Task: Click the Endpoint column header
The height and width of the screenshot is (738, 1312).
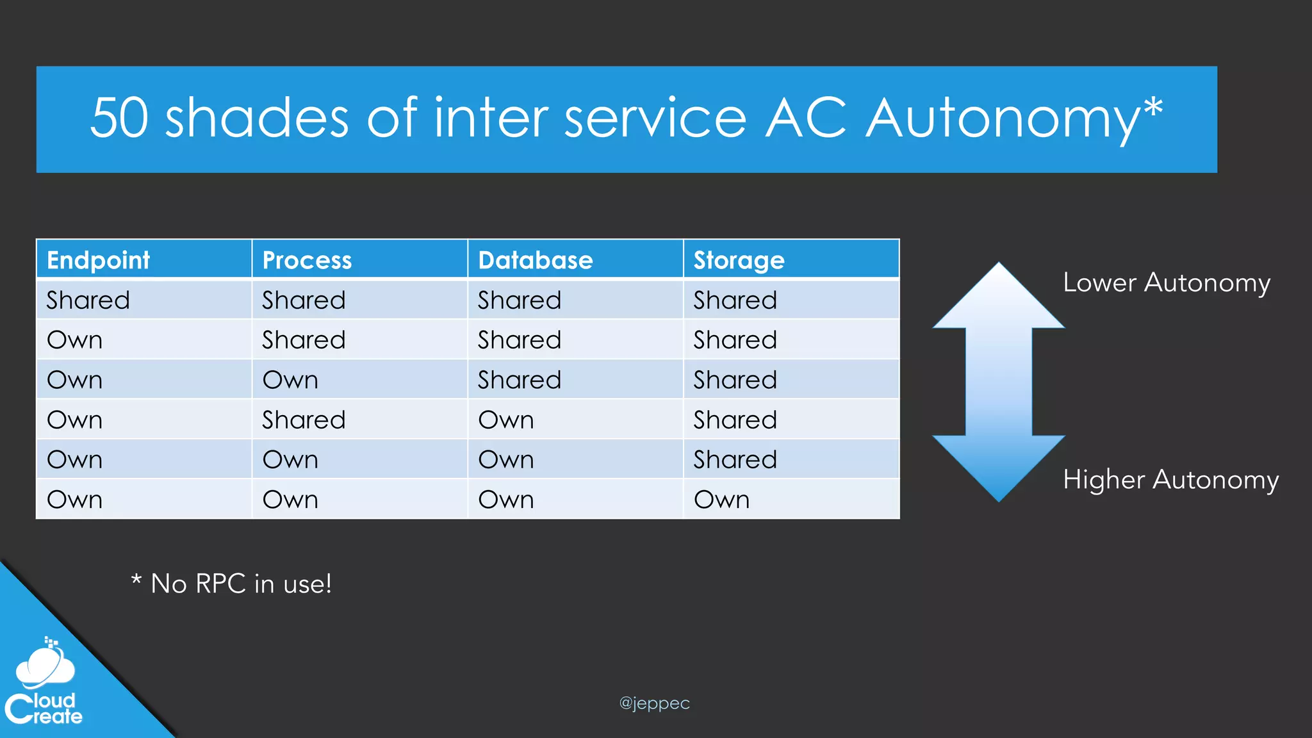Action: pyautogui.click(x=98, y=260)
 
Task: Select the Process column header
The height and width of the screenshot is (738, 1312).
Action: pyautogui.click(x=307, y=260)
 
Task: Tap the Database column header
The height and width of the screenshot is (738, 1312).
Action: pyautogui.click(x=536, y=260)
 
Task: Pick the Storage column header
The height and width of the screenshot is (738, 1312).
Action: pyautogui.click(x=739, y=260)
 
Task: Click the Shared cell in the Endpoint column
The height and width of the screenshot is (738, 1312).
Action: pyautogui.click(x=88, y=300)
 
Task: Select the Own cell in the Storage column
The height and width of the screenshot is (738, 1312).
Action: pyautogui.click(x=721, y=499)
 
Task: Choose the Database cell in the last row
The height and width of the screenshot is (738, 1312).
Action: pyautogui.click(x=506, y=499)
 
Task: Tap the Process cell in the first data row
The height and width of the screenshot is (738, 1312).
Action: pyautogui.click(x=304, y=300)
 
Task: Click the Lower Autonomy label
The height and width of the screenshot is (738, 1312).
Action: pyautogui.click(x=1167, y=283)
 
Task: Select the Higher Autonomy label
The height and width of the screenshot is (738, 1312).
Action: pyautogui.click(x=1170, y=479)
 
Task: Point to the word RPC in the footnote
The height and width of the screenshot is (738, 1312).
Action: pyautogui.click(x=220, y=584)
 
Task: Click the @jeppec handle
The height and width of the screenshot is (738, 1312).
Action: pyautogui.click(x=654, y=703)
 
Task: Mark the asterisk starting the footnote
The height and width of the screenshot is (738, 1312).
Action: pyautogui.click(x=136, y=580)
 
